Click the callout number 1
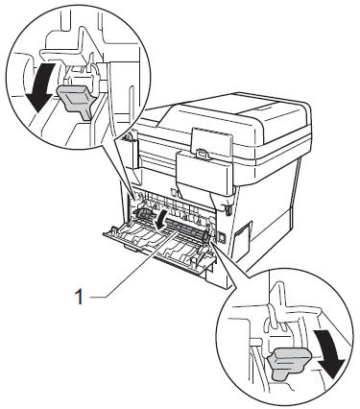pos(79,297)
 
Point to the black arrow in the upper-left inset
pos(41,86)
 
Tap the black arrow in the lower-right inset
pos(329,353)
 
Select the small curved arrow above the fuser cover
pos(161,219)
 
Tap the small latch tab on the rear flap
pos(203,154)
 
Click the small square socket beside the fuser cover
pos(221,236)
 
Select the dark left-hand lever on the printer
pos(143,215)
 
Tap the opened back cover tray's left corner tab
pos(112,229)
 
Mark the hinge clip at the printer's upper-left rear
pos(129,136)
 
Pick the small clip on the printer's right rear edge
pos(228,208)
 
